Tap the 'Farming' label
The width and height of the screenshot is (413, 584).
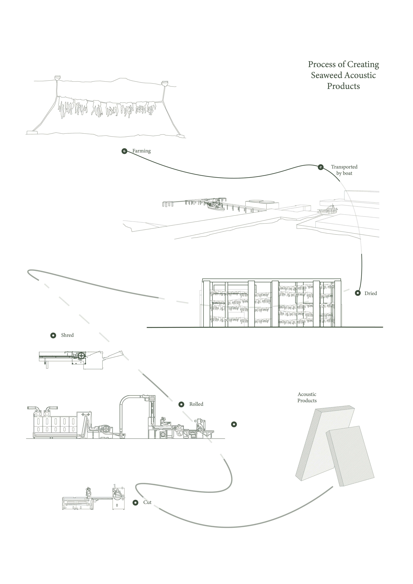click(141, 151)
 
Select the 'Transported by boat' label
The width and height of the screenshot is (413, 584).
click(344, 170)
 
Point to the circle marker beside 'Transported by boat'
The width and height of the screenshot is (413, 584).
click(321, 167)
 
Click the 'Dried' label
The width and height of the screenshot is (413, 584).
click(371, 293)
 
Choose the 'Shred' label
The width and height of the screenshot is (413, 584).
click(67, 335)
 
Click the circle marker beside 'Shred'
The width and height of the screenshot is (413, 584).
click(53, 335)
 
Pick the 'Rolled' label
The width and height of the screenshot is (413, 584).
click(196, 404)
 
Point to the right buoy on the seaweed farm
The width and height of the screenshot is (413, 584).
click(165, 83)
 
